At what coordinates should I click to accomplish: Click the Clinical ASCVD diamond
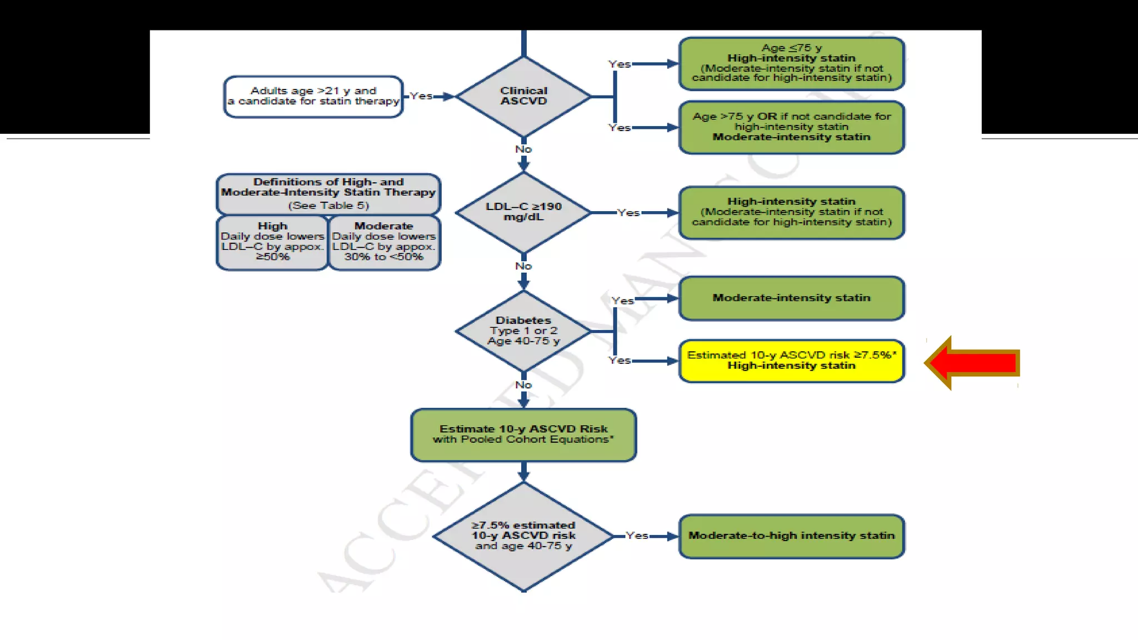[x=523, y=96]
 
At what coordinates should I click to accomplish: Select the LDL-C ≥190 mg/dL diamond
[x=523, y=212]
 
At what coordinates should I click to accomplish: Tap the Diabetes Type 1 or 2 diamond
[x=523, y=331]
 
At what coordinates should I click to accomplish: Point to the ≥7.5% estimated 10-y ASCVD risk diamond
[x=523, y=536]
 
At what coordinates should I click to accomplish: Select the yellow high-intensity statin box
[x=791, y=361]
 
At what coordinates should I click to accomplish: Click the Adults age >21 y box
[x=313, y=97]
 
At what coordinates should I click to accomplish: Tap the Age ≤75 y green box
[x=791, y=63]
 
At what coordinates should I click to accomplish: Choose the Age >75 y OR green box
[x=791, y=127]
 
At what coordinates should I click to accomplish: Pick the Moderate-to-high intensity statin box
[x=791, y=536]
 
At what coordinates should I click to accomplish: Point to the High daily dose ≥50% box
[x=272, y=243]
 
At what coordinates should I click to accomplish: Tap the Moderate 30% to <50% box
[x=384, y=243]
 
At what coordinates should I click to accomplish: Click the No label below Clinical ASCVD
[x=523, y=149]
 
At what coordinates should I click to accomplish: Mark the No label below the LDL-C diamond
[x=523, y=266]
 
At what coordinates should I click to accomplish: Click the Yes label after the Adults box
[x=421, y=96]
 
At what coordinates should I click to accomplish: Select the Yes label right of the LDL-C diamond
[x=628, y=213]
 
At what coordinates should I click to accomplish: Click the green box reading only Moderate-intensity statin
[x=791, y=298]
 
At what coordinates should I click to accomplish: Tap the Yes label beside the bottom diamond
[x=637, y=536]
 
